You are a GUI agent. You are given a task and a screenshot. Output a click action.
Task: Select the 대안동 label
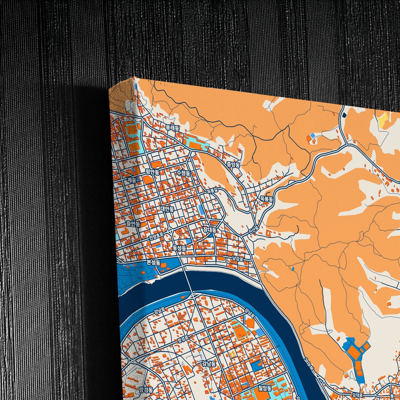(167, 209)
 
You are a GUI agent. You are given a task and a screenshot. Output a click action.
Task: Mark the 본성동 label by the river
(153, 262)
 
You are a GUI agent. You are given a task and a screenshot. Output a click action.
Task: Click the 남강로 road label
(238, 259)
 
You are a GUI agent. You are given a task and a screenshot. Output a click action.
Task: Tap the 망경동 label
(146, 390)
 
